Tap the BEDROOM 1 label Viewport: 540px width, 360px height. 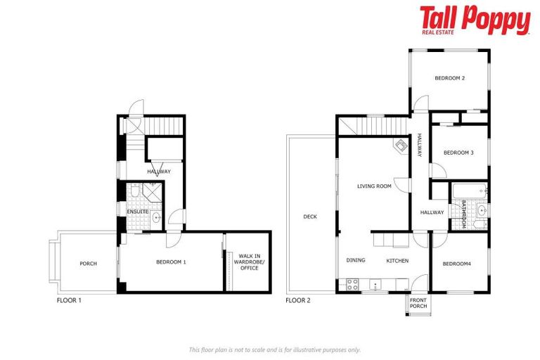pos(170,262)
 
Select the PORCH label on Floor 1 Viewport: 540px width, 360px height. pos(88,264)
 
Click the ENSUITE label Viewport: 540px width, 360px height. pos(136,212)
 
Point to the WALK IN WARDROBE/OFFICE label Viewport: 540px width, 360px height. pos(247,262)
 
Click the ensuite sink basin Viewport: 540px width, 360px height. pos(155,218)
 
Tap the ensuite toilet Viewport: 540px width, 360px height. pos(134,192)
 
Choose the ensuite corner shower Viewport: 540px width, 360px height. pos(152,191)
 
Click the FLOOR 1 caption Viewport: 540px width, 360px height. pos(69,300)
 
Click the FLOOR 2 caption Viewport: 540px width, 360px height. pos(298,300)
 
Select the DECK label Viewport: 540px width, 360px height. pos(310,217)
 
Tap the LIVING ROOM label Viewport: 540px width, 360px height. pos(374,186)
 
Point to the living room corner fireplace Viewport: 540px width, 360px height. pos(400,146)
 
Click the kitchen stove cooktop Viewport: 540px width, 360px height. pos(352,284)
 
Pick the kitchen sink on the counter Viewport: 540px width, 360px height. pos(375,285)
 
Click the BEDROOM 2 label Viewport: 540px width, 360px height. pos(449,78)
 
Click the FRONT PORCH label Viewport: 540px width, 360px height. pos(418,302)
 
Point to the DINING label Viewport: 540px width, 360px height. pos(356,260)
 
